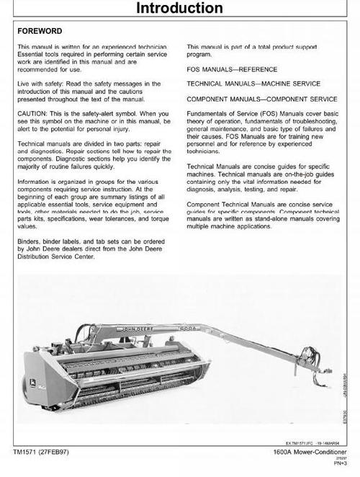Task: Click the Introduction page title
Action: click(180, 9)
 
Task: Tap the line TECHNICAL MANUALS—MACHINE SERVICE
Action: click(250, 84)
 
